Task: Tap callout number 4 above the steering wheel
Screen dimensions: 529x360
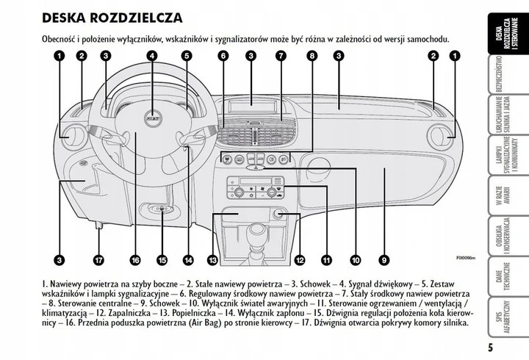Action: pos(151,56)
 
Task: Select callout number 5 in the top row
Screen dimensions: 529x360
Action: pos(187,56)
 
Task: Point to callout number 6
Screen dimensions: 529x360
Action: pos(223,56)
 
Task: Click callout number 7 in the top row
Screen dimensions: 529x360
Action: pos(280,56)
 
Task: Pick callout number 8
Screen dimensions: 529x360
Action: pos(312,56)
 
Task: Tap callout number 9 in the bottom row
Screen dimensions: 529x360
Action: pos(384,259)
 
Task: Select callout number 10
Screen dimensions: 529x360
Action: pos(355,259)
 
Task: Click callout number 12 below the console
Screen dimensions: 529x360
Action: pos(299,259)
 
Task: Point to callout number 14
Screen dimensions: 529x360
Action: pos(187,259)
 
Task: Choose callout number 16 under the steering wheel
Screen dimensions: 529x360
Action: pos(134,259)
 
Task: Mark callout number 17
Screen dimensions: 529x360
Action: pos(98,259)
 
